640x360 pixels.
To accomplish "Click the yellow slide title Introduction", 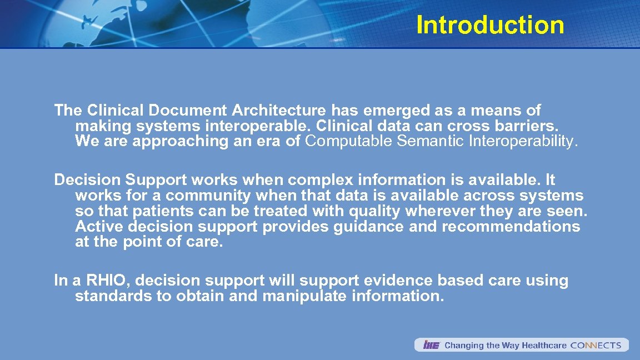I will click(490, 25).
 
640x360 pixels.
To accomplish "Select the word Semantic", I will click(431, 141).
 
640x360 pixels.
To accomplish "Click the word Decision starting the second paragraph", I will click(87, 180).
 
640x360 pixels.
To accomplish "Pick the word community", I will click(208, 196).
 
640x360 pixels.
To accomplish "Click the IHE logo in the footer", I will click(431, 345).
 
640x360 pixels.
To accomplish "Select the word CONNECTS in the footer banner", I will click(596, 345).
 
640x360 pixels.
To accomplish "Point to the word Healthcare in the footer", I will click(544, 345).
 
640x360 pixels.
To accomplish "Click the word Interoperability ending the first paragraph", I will click(523, 141).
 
